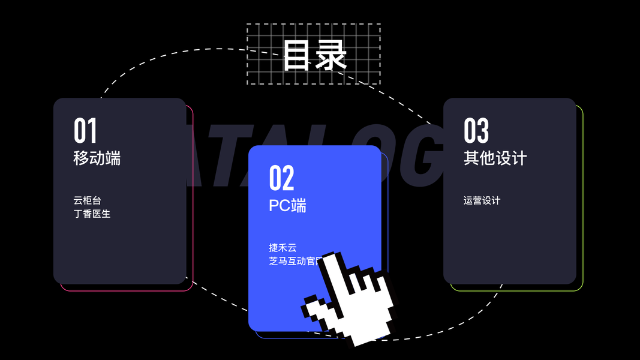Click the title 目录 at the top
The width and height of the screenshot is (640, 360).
tap(314, 55)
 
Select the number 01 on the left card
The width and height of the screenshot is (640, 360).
tap(85, 130)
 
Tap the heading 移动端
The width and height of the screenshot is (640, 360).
tap(97, 158)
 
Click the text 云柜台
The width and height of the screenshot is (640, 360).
tap(88, 200)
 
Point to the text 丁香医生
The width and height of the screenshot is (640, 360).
tap(92, 214)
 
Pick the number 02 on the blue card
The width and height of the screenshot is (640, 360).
tap(281, 178)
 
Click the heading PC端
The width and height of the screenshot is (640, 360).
tap(287, 205)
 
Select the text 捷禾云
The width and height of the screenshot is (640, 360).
tap(283, 247)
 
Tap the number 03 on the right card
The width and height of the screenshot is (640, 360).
tap(476, 130)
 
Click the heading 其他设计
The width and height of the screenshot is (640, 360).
tap(495, 158)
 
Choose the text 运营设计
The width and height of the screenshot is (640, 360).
tap(482, 200)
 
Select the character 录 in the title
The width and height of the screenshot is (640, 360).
tap(331, 55)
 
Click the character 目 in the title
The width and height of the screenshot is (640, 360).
tap(298, 55)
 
